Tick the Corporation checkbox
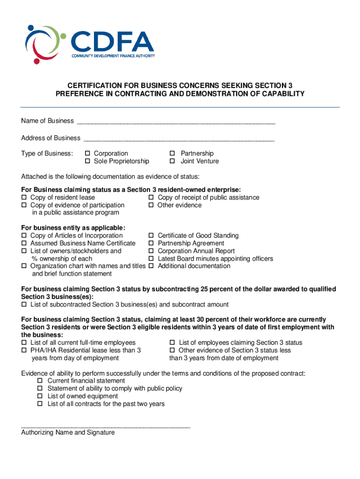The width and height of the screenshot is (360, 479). coord(87,153)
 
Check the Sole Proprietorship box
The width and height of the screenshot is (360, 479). coord(87,161)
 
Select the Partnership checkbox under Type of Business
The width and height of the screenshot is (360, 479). coord(172,153)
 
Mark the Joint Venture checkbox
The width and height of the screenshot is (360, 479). coord(172,161)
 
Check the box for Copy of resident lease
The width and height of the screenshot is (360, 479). coord(24,198)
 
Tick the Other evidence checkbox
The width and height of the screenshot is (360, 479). coord(151,205)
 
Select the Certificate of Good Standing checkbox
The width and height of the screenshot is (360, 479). coord(151,236)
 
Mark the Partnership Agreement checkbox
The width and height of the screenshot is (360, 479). coord(151,243)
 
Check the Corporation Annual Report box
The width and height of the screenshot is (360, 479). coord(151,251)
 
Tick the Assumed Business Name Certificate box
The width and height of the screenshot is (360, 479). coord(24,243)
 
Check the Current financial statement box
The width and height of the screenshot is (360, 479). coord(40,381)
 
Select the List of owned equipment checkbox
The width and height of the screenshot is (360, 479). coord(40,397)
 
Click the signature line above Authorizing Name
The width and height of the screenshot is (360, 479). coord(106,427)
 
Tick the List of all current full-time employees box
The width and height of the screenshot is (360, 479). coord(24,343)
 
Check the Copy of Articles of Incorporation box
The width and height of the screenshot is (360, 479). coord(24,236)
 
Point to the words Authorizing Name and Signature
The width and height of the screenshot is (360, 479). coord(68,433)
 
